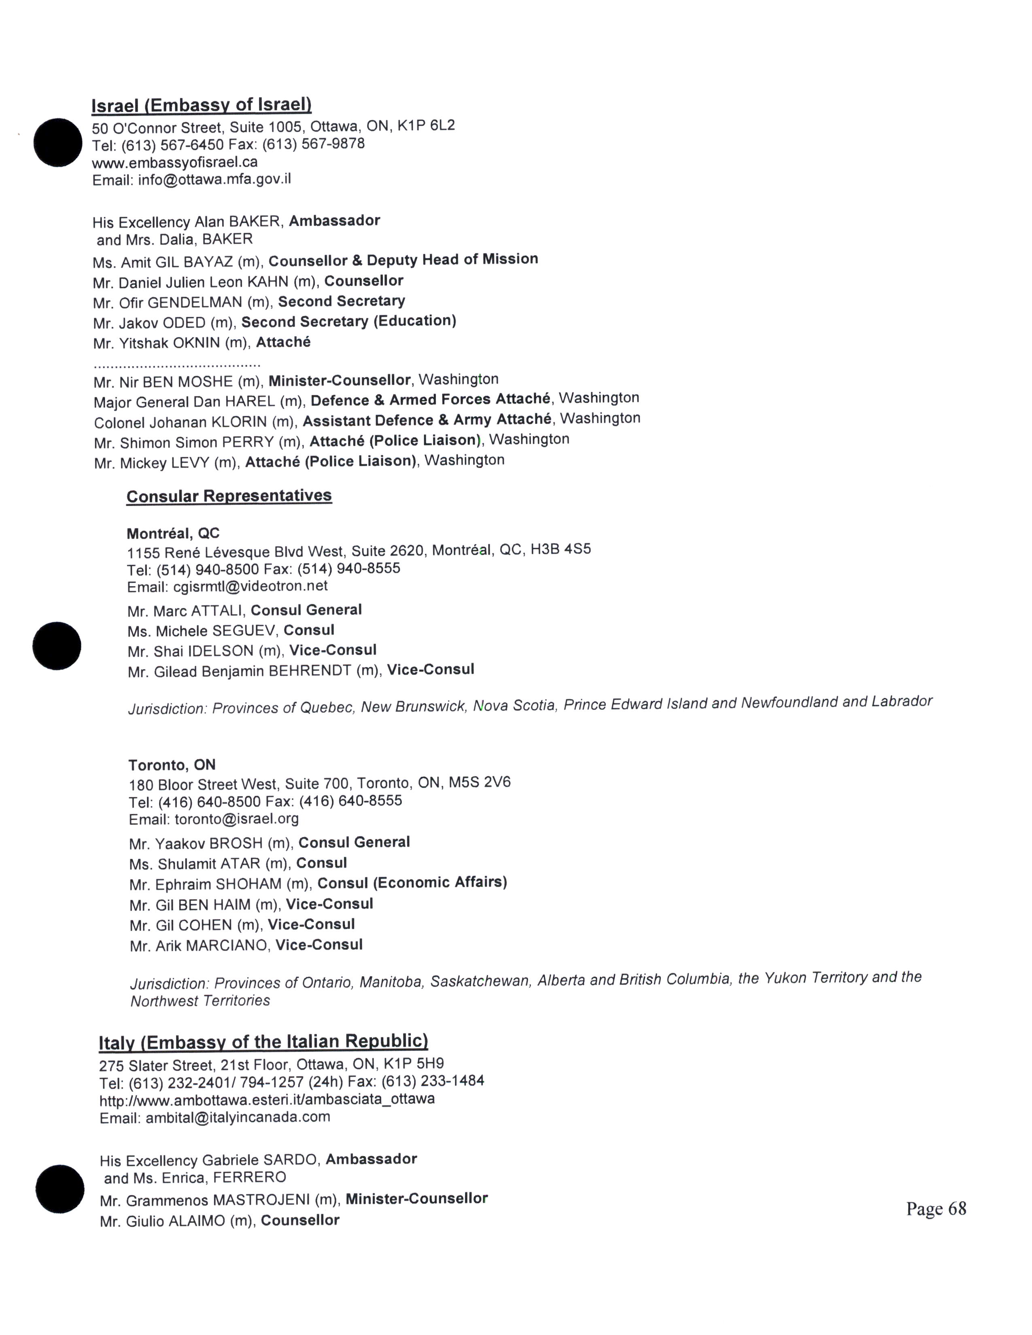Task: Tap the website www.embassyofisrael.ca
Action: click(175, 163)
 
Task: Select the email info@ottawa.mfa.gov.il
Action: click(214, 180)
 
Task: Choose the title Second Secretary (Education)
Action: click(348, 322)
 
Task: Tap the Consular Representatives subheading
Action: click(229, 496)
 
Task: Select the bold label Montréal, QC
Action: click(173, 534)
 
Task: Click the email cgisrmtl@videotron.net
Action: click(250, 587)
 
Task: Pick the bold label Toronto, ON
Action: click(172, 765)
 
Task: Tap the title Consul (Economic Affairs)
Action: click(412, 883)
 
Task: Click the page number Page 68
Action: click(936, 1209)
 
